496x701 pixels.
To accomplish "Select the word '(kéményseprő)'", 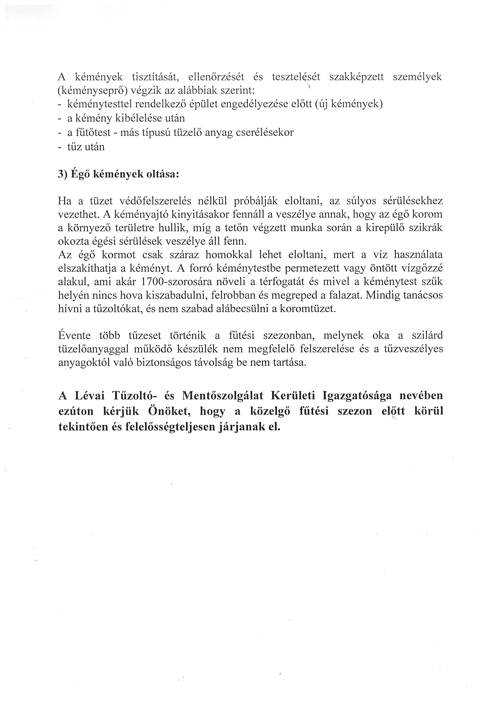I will (92, 91).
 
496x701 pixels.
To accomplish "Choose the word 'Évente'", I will (74, 336).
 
